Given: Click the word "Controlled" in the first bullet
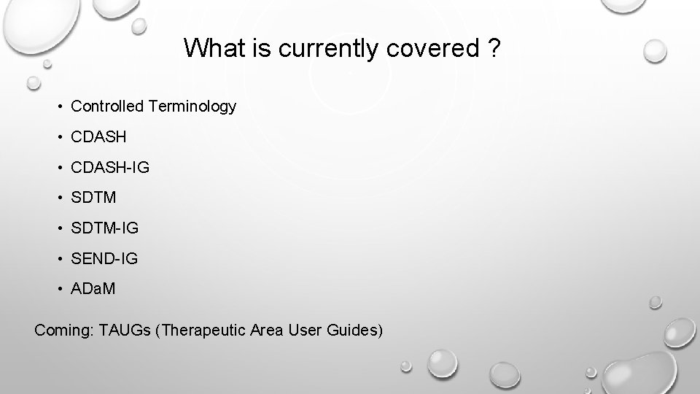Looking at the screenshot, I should [107, 107].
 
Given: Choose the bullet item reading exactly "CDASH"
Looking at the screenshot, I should [98, 136].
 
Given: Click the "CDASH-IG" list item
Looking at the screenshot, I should [110, 167].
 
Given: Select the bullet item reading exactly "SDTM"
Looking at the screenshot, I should [94, 198].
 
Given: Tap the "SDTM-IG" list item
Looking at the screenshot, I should [105, 228].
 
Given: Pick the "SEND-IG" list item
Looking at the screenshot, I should [104, 258].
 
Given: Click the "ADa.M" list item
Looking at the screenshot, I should [93, 289].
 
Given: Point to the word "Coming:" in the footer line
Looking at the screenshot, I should [62, 331].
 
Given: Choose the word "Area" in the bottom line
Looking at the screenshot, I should [270, 330].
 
